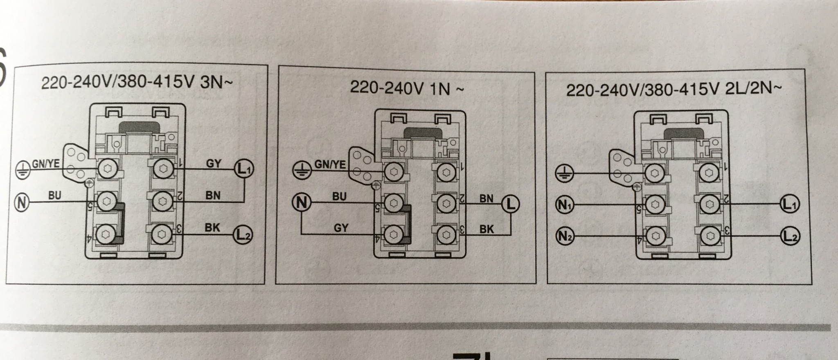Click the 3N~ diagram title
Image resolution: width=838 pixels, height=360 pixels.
(x=137, y=83)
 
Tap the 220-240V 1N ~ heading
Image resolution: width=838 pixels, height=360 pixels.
(x=407, y=88)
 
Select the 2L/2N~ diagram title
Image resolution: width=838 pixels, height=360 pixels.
(x=674, y=90)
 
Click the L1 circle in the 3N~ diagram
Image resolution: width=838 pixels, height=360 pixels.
(x=244, y=168)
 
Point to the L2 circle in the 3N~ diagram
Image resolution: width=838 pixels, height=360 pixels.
(x=243, y=234)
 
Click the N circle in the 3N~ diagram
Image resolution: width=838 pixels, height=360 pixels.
(x=22, y=202)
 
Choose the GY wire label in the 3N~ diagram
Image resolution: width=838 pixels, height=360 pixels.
(x=213, y=164)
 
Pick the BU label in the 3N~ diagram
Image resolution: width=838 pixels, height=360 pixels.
(x=54, y=196)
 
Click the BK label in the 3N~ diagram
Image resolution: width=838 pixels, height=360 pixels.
(x=212, y=227)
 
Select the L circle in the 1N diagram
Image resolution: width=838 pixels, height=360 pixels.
(x=510, y=203)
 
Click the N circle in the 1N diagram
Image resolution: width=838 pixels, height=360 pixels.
(x=301, y=202)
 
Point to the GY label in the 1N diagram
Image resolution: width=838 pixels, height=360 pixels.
(x=341, y=227)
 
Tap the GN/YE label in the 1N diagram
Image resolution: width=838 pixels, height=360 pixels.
(x=330, y=164)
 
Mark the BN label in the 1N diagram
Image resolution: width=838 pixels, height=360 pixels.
(x=486, y=199)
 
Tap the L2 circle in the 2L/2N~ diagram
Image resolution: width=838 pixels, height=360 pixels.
(x=790, y=237)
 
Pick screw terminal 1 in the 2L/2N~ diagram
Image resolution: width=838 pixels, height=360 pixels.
(x=709, y=173)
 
